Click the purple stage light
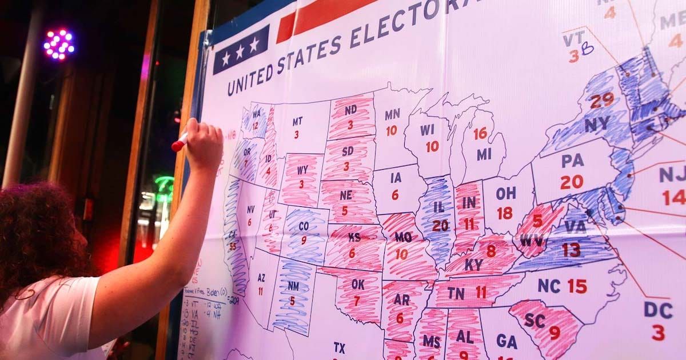click(59, 45)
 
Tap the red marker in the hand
click(180, 142)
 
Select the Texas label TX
click(340, 347)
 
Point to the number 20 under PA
click(571, 182)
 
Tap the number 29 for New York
click(602, 101)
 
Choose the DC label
click(658, 309)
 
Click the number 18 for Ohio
click(504, 213)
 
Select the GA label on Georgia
click(506, 341)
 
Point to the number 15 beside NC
click(577, 286)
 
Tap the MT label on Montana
click(297, 122)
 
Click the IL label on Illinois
click(439, 206)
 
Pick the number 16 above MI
click(480, 133)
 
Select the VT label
click(573, 39)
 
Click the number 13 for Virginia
click(571, 249)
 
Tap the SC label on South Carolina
click(535, 320)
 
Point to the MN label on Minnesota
click(392, 114)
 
